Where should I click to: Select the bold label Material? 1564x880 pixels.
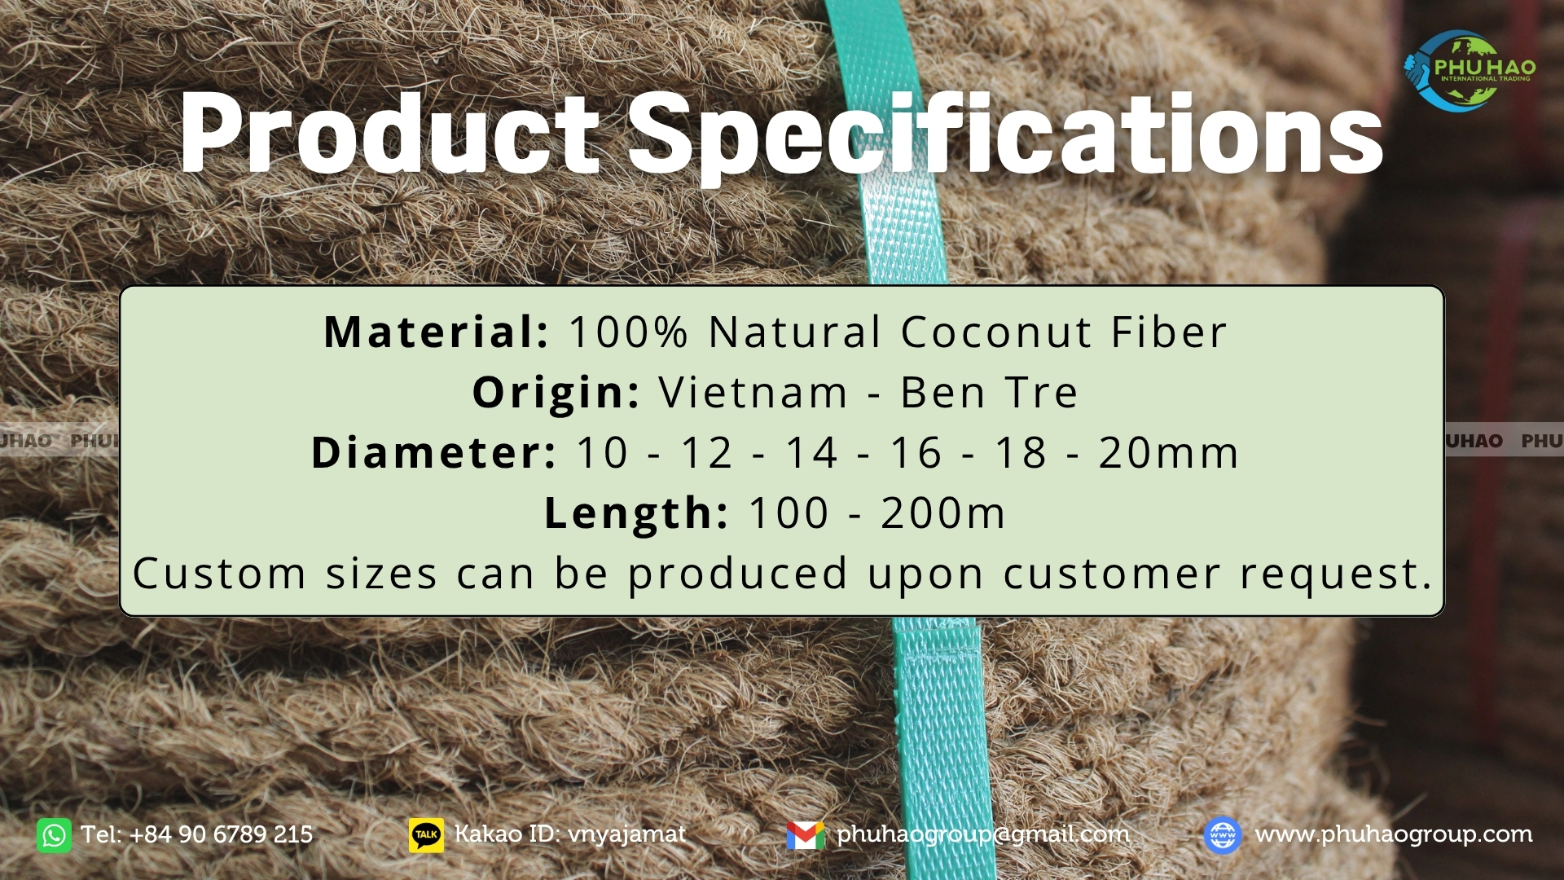(x=436, y=332)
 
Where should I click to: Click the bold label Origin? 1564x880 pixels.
(x=556, y=394)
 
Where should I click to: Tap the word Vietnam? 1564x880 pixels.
(x=753, y=393)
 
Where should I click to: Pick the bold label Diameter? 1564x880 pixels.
(x=433, y=452)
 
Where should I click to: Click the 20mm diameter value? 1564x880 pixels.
(x=1169, y=453)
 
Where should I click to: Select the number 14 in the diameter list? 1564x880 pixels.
(x=811, y=453)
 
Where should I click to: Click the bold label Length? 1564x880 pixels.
(x=636, y=513)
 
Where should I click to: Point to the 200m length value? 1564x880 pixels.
(x=943, y=513)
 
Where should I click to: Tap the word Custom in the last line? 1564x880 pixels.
(x=220, y=574)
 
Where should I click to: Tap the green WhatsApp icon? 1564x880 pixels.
(x=54, y=835)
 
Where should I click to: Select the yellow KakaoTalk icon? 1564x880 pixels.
(x=427, y=835)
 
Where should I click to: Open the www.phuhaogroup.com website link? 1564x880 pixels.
(x=1394, y=835)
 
